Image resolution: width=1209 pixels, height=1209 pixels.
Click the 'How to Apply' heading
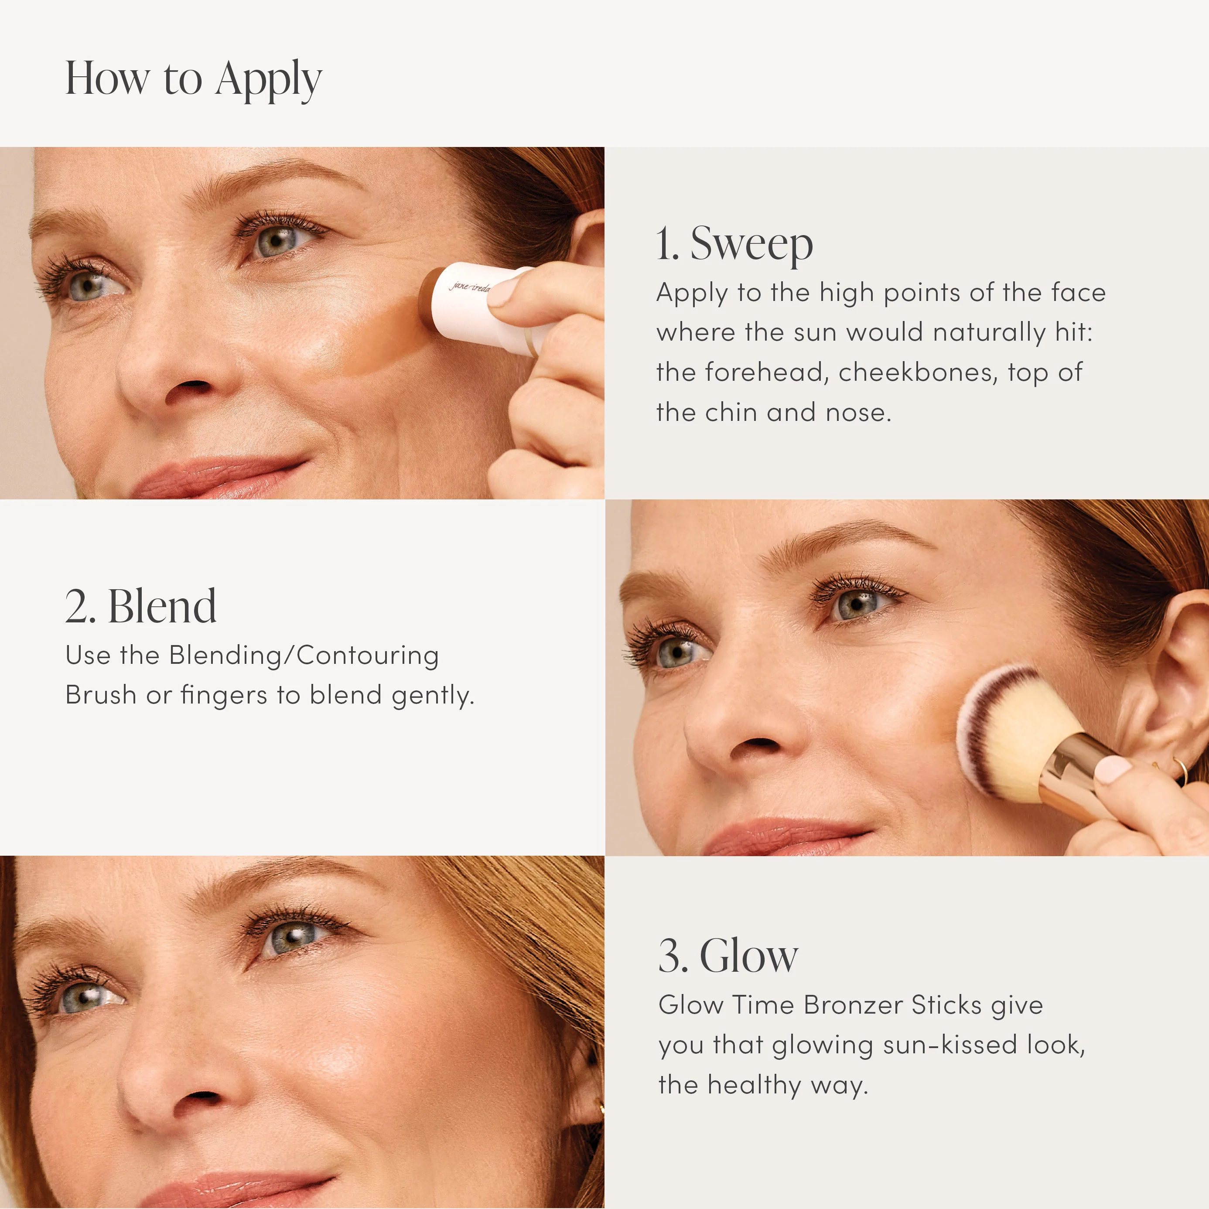(193, 79)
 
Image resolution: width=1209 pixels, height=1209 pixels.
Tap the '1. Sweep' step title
(734, 244)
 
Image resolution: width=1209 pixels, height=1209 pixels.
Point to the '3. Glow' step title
(728, 956)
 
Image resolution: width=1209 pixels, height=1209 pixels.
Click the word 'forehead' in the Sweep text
(767, 373)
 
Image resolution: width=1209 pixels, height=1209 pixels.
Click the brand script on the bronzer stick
(469, 287)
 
